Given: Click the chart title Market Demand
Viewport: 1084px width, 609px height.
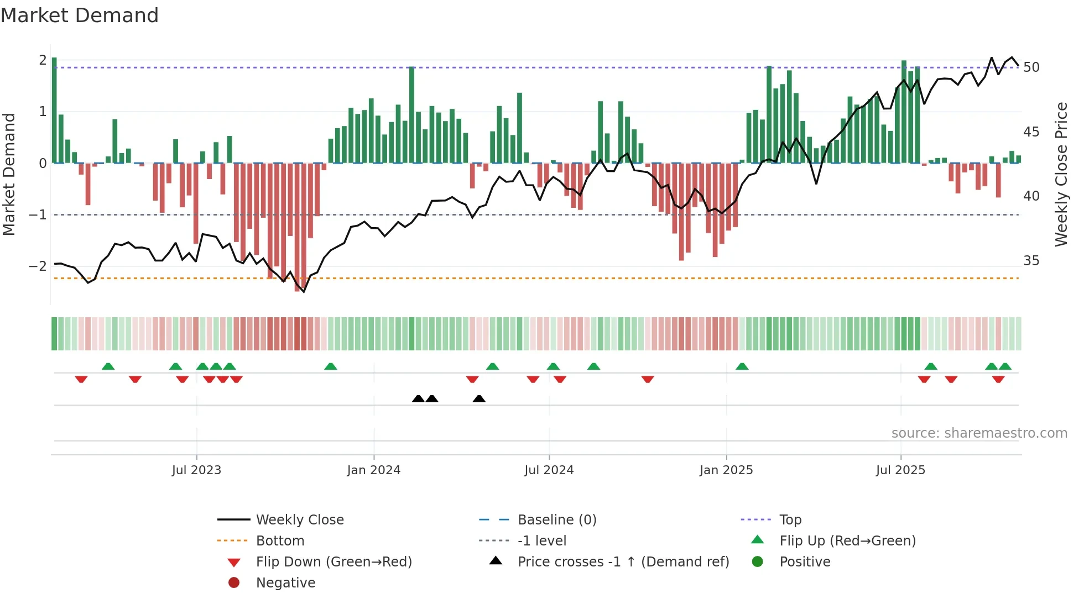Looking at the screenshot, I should click(x=80, y=15).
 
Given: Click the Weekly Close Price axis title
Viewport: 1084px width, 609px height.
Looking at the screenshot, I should click(x=1061, y=174).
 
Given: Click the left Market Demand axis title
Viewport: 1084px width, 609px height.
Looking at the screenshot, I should click(x=9, y=174).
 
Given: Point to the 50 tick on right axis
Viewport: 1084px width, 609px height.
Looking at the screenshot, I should click(x=1031, y=67).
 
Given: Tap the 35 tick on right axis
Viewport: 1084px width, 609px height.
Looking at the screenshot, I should click(x=1031, y=260).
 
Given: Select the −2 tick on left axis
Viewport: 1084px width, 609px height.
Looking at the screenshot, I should click(x=38, y=266).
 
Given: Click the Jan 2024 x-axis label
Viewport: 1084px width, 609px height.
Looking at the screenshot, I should click(x=373, y=470).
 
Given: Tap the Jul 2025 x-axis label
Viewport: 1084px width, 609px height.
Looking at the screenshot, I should click(x=900, y=470).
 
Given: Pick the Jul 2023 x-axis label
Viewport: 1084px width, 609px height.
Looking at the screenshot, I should click(x=196, y=470).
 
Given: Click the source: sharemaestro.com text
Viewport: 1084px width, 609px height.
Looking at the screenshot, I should click(x=979, y=433).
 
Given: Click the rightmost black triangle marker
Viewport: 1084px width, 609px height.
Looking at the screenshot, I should click(x=480, y=399).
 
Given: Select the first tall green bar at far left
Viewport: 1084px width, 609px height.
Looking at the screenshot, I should click(x=54, y=111).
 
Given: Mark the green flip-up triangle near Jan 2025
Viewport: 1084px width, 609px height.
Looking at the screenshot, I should click(x=742, y=366).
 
